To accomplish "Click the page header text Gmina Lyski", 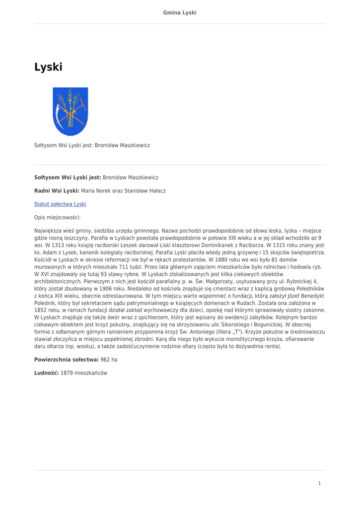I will point(180,12).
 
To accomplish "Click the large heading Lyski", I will point(48,67).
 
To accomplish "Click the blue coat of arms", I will point(71,111).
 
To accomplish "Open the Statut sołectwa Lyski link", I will point(60,204).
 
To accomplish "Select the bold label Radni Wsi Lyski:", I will point(57,190).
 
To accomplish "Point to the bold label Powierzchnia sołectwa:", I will point(66,359).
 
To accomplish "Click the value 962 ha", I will point(109,359).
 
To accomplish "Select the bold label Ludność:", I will point(46,373).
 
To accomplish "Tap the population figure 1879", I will point(67,373).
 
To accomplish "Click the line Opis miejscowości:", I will point(57,217).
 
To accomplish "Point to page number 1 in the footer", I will point(320,483).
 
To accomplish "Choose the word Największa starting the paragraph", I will point(49,231).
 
